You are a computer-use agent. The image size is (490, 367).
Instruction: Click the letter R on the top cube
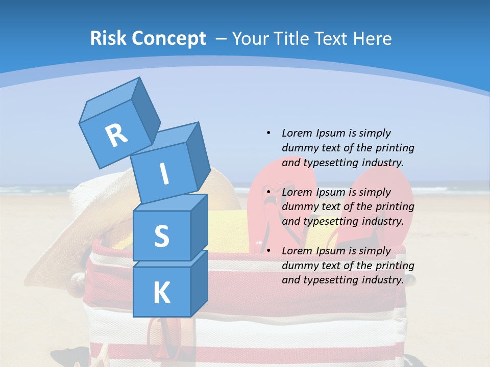[116, 136]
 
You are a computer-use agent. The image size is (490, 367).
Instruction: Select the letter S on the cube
[161, 236]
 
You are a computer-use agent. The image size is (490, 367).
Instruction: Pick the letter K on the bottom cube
[161, 293]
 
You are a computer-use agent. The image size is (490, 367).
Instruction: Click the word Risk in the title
[109, 38]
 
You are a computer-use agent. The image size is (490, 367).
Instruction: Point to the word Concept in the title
[169, 39]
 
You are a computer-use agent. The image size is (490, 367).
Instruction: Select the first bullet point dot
[268, 133]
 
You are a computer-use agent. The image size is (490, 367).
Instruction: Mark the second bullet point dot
[268, 192]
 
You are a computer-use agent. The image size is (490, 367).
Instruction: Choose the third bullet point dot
[268, 250]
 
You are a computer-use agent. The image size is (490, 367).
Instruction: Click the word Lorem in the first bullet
[297, 133]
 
